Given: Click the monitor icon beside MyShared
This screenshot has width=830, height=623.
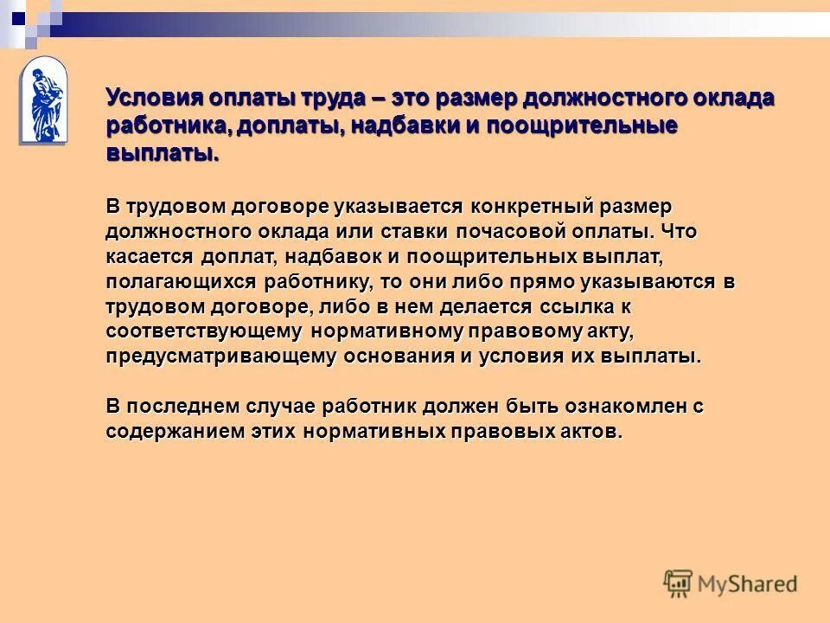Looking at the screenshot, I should coord(679,583).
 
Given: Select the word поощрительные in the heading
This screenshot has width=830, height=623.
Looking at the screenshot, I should coord(580,125).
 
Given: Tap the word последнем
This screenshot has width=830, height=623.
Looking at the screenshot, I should coord(179,407).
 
